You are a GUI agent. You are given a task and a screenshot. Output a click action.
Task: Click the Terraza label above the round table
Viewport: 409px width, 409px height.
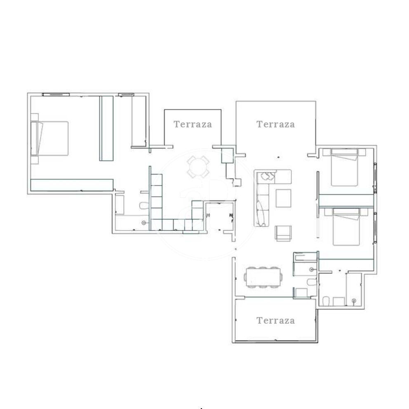(193, 124)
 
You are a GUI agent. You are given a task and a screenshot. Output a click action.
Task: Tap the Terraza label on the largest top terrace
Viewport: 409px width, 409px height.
(276, 124)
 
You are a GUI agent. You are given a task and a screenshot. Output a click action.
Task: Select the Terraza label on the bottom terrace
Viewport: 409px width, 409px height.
(276, 320)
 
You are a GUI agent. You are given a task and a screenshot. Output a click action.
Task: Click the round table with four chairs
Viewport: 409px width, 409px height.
(198, 167)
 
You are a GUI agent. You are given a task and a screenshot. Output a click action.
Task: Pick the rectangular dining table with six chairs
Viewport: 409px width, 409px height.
(263, 277)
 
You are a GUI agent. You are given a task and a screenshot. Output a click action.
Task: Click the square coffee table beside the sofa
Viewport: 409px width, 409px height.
(283, 198)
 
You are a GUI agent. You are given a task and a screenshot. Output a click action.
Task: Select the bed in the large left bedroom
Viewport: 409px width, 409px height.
(49, 139)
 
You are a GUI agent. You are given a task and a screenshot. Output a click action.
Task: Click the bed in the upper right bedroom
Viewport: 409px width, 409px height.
(344, 167)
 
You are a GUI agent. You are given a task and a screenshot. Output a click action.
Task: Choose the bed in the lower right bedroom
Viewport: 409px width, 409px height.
(346, 227)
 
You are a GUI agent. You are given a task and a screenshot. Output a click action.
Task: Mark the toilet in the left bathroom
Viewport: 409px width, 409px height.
(144, 206)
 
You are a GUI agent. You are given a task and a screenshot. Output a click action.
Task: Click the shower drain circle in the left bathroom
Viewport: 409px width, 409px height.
(144, 223)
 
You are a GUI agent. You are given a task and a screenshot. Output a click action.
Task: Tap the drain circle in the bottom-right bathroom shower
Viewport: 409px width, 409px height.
(354, 301)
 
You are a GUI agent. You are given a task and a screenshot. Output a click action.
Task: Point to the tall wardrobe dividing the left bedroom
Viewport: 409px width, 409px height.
(106, 128)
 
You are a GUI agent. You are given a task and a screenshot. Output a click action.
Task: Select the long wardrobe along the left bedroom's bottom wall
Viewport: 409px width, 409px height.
(72, 185)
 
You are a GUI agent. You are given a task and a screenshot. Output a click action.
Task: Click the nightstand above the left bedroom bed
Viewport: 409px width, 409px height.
(35, 117)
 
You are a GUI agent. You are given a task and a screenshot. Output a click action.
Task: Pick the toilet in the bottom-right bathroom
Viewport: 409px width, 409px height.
(326, 301)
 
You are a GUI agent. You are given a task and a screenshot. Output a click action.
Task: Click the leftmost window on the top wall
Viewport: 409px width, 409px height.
(56, 94)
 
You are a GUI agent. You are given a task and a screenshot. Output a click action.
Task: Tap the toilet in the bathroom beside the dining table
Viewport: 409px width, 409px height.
(311, 282)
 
